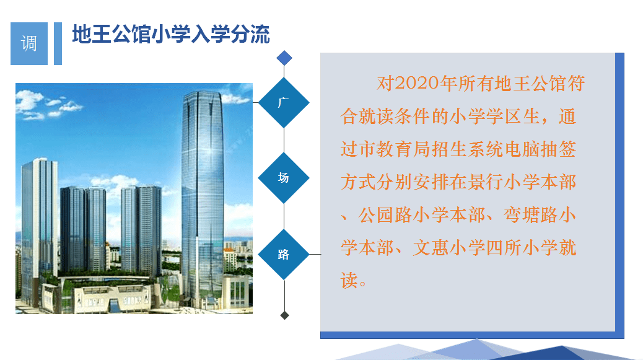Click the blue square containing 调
pyautogui.click(x=28, y=43)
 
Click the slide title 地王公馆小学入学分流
pyautogui.click(x=171, y=34)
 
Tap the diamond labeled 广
pyautogui.click(x=284, y=102)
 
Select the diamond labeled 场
pyautogui.click(x=284, y=178)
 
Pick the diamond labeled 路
pyautogui.click(x=284, y=255)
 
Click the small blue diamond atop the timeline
pyautogui.click(x=284, y=58)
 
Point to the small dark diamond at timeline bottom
pyautogui.click(x=284, y=315)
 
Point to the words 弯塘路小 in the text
pyautogui.click(x=540, y=215)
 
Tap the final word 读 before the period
pyautogui.click(x=349, y=281)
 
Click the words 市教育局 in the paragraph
pyautogui.click(x=395, y=149)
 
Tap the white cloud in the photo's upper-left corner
pyautogui.click(x=30, y=100)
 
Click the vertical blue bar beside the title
pyautogui.click(x=58, y=43)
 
